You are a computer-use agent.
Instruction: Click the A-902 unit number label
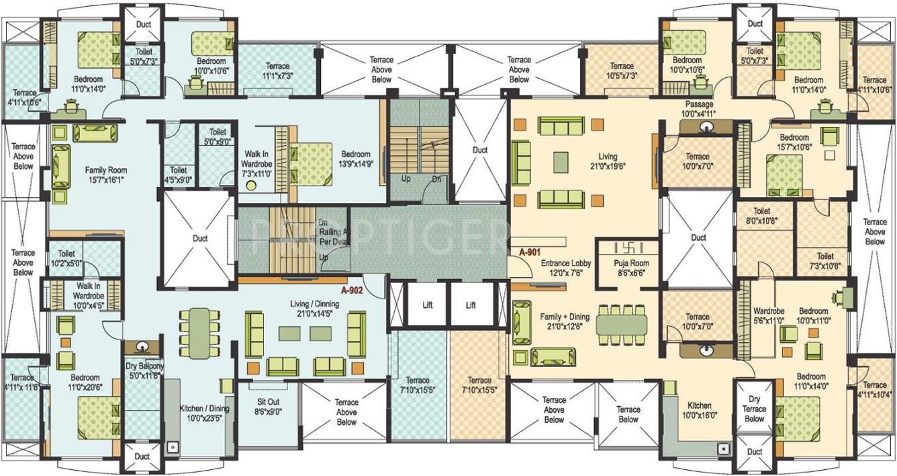coord(352,291)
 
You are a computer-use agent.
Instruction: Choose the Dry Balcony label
coord(144,370)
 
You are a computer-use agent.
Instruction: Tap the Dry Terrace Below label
coord(754,409)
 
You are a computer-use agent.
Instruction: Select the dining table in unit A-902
coord(199,332)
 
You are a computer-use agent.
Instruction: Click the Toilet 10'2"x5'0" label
coord(66,259)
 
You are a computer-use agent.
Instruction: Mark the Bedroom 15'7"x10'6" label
coord(794,143)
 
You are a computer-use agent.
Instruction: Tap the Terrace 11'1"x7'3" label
coord(277,71)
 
